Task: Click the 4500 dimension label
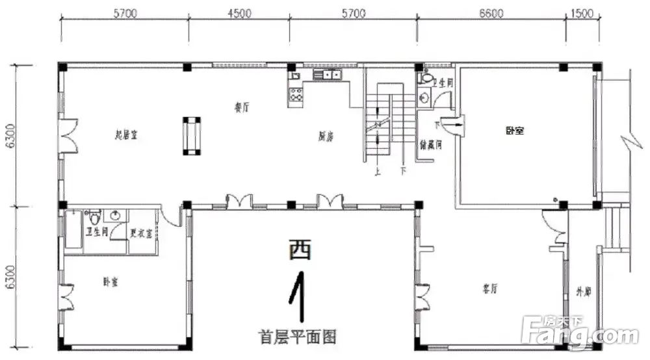[240, 13]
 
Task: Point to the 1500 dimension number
[582, 13]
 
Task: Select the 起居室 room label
[125, 135]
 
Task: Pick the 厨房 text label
[326, 136]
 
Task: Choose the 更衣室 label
[140, 234]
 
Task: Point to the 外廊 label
[583, 292]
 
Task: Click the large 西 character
[300, 249]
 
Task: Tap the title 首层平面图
[296, 337]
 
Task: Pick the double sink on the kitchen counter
[328, 75]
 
